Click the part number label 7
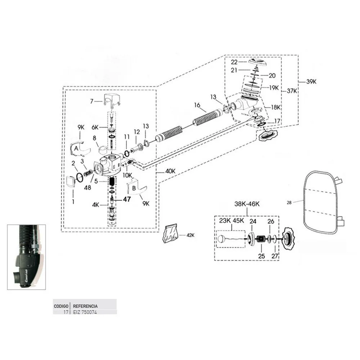92,101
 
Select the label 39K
311,82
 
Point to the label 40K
170,171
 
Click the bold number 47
127,199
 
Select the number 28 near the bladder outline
289,202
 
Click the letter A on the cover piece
76,148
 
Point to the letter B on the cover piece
134,188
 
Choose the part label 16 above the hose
197,105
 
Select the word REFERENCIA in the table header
85,306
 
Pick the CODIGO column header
61,306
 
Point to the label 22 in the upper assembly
234,62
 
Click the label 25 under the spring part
261,256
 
